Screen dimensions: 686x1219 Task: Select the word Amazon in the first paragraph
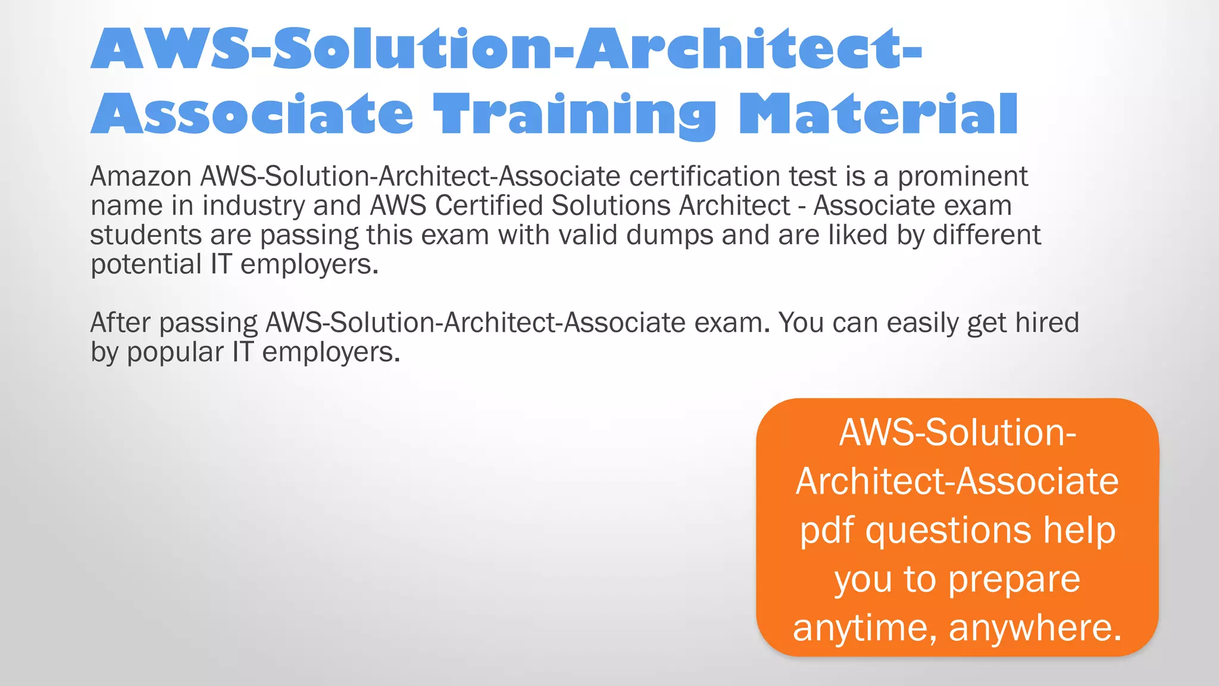point(140,177)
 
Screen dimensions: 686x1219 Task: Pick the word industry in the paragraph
point(254,206)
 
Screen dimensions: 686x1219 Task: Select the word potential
point(146,264)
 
